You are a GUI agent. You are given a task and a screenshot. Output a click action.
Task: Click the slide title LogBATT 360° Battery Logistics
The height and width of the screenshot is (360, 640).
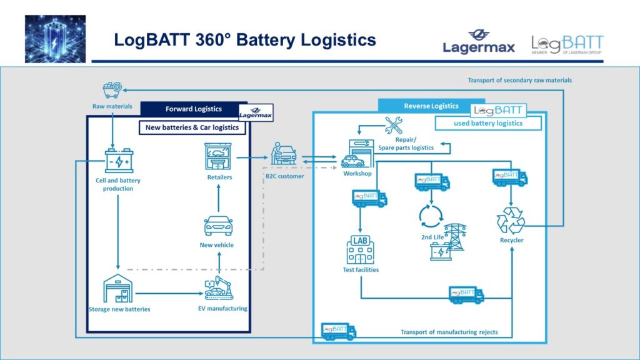pyautogui.click(x=244, y=40)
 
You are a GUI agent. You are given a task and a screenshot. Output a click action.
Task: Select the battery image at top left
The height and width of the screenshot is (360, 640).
pyautogui.click(x=55, y=39)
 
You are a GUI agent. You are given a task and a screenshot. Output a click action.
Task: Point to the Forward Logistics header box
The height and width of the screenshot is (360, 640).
pyautogui.click(x=193, y=109)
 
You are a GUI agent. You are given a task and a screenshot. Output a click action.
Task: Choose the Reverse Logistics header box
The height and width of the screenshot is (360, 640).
pyautogui.click(x=431, y=106)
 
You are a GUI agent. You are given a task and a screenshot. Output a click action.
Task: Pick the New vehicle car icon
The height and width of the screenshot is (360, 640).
pyautogui.click(x=218, y=225)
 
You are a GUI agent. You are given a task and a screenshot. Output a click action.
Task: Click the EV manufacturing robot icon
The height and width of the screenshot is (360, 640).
pyautogui.click(x=219, y=287)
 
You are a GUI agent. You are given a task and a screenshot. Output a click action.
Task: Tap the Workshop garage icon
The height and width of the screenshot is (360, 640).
pyautogui.click(x=357, y=154)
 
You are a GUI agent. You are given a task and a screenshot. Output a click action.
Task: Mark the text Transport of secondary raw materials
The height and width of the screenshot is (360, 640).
pyautogui.click(x=519, y=80)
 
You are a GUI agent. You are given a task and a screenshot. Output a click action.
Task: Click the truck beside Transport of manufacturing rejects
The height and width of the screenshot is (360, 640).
pyautogui.click(x=339, y=331)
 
